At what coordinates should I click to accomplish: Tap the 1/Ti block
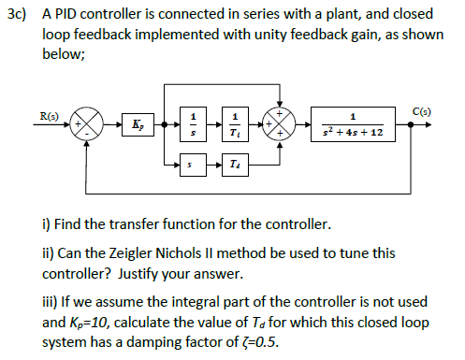tap(233, 123)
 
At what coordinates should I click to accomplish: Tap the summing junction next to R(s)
tap(91, 123)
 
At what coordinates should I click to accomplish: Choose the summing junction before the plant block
tap(283, 123)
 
